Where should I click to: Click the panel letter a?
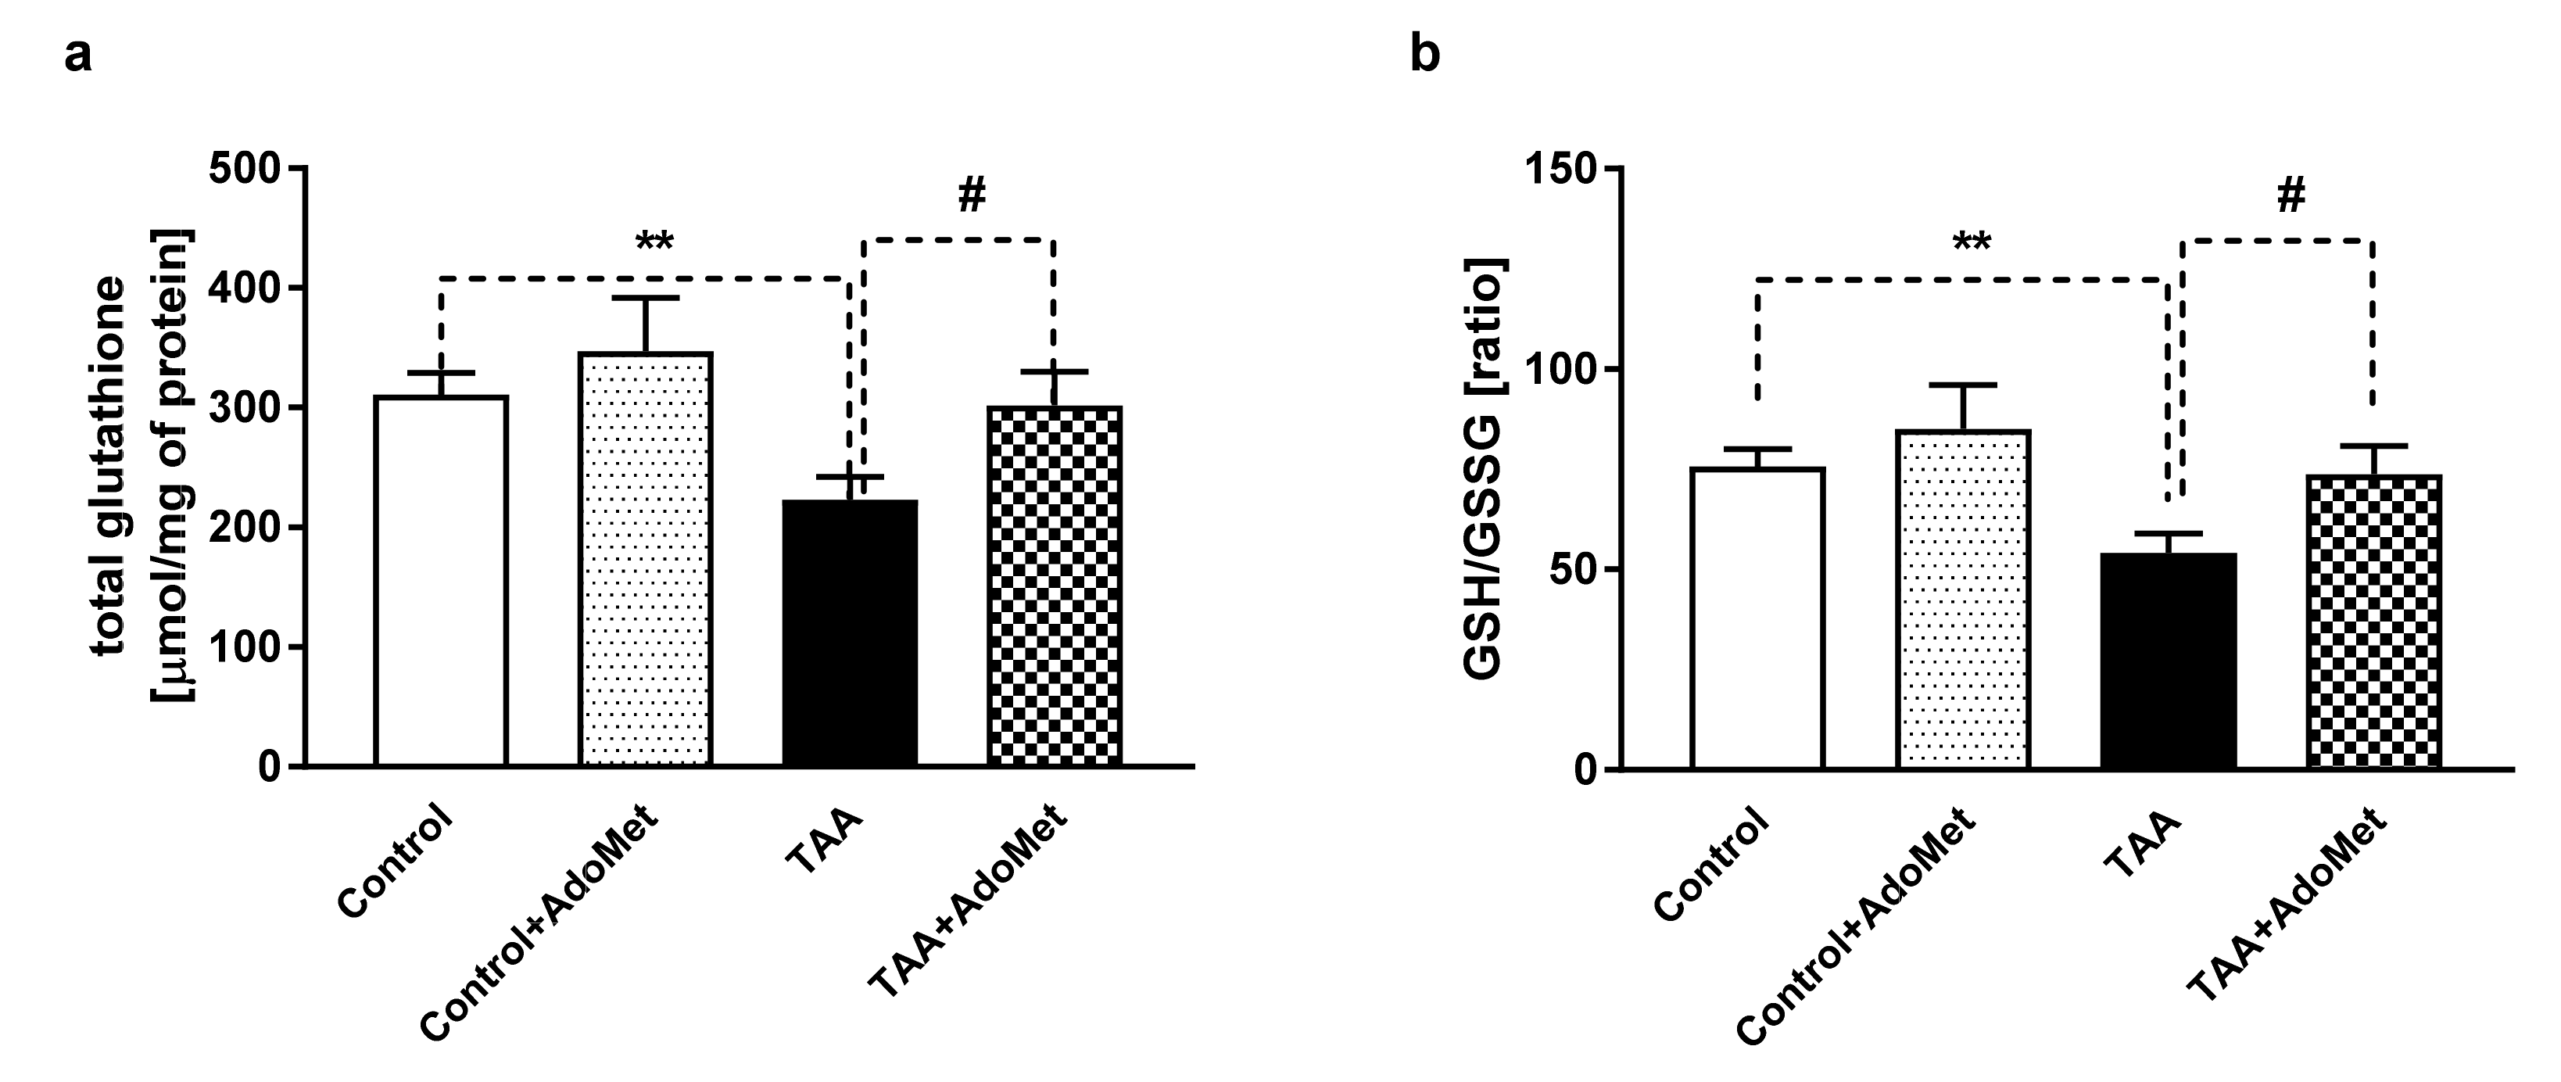click(x=77, y=56)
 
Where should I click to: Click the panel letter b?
click(x=1424, y=56)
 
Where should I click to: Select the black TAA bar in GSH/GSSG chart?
click(x=2169, y=661)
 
